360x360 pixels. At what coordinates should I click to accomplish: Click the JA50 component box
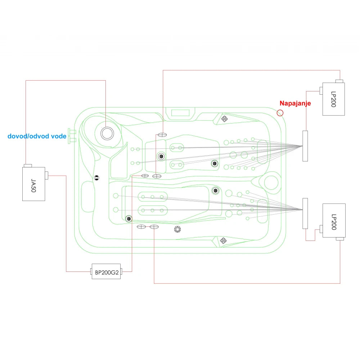point(33,184)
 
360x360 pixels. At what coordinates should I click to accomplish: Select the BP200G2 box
point(106,271)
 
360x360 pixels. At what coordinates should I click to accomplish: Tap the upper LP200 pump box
point(333,99)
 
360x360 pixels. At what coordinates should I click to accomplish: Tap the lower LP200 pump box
point(334,221)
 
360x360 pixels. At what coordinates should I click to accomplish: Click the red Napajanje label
point(295,103)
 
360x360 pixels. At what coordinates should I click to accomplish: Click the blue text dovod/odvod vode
point(37,136)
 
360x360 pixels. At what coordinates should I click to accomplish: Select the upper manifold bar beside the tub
point(305,146)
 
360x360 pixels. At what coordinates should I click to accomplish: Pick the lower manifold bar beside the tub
point(305,213)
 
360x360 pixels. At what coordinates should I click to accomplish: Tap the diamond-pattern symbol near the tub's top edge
point(224,119)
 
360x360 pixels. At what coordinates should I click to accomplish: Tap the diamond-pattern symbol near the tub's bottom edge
point(223,241)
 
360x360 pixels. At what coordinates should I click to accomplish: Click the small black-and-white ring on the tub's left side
point(96,178)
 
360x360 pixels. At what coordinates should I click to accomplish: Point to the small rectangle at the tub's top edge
point(180,113)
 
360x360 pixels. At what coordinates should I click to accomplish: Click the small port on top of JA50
point(28,166)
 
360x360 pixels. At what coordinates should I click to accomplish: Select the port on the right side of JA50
point(46,175)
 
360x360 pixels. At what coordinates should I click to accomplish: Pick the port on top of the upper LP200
point(339,81)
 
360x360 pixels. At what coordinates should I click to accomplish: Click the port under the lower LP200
point(340,239)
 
